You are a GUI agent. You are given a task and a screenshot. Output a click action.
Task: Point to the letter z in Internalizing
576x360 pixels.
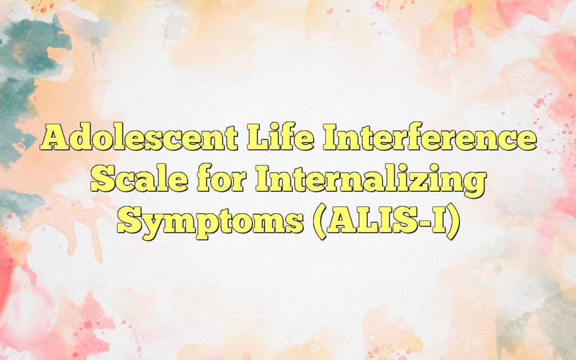click(426, 181)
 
